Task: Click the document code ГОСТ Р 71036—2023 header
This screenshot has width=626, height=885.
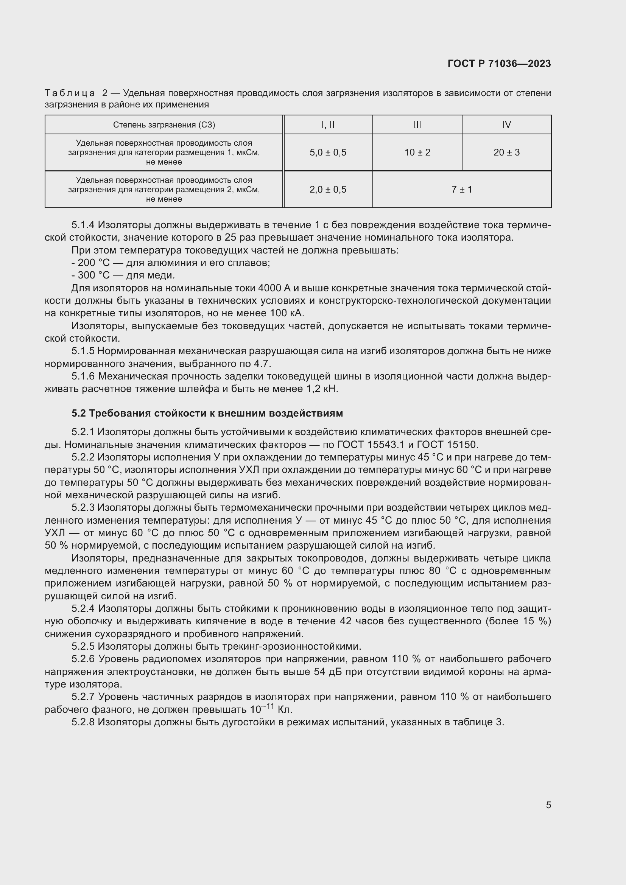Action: [499, 64]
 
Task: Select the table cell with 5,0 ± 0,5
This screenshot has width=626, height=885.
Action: [328, 152]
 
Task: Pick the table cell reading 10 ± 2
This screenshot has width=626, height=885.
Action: [417, 152]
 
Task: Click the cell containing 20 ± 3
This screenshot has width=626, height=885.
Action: [506, 152]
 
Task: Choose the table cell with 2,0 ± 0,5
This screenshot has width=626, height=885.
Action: [328, 189]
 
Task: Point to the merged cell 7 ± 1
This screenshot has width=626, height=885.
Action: [462, 189]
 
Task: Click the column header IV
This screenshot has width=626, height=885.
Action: [506, 124]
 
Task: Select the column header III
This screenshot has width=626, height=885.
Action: [417, 124]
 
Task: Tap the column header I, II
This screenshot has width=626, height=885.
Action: [328, 124]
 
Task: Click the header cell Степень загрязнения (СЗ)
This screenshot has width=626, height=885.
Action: [164, 124]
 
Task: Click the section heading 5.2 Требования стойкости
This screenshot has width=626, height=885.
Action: [207, 413]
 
